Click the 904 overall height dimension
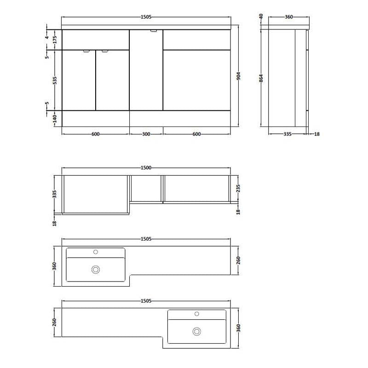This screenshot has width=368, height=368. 239,76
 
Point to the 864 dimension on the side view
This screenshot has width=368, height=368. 261,78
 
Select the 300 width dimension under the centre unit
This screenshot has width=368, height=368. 146,134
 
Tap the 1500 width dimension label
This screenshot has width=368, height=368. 146,168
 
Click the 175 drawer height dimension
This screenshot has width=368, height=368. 55,40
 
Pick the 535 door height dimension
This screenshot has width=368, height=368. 55,80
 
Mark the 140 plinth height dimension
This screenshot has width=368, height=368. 55,119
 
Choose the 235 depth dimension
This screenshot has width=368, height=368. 238,189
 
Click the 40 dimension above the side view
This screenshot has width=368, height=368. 261,16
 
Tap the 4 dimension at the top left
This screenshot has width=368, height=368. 47,37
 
